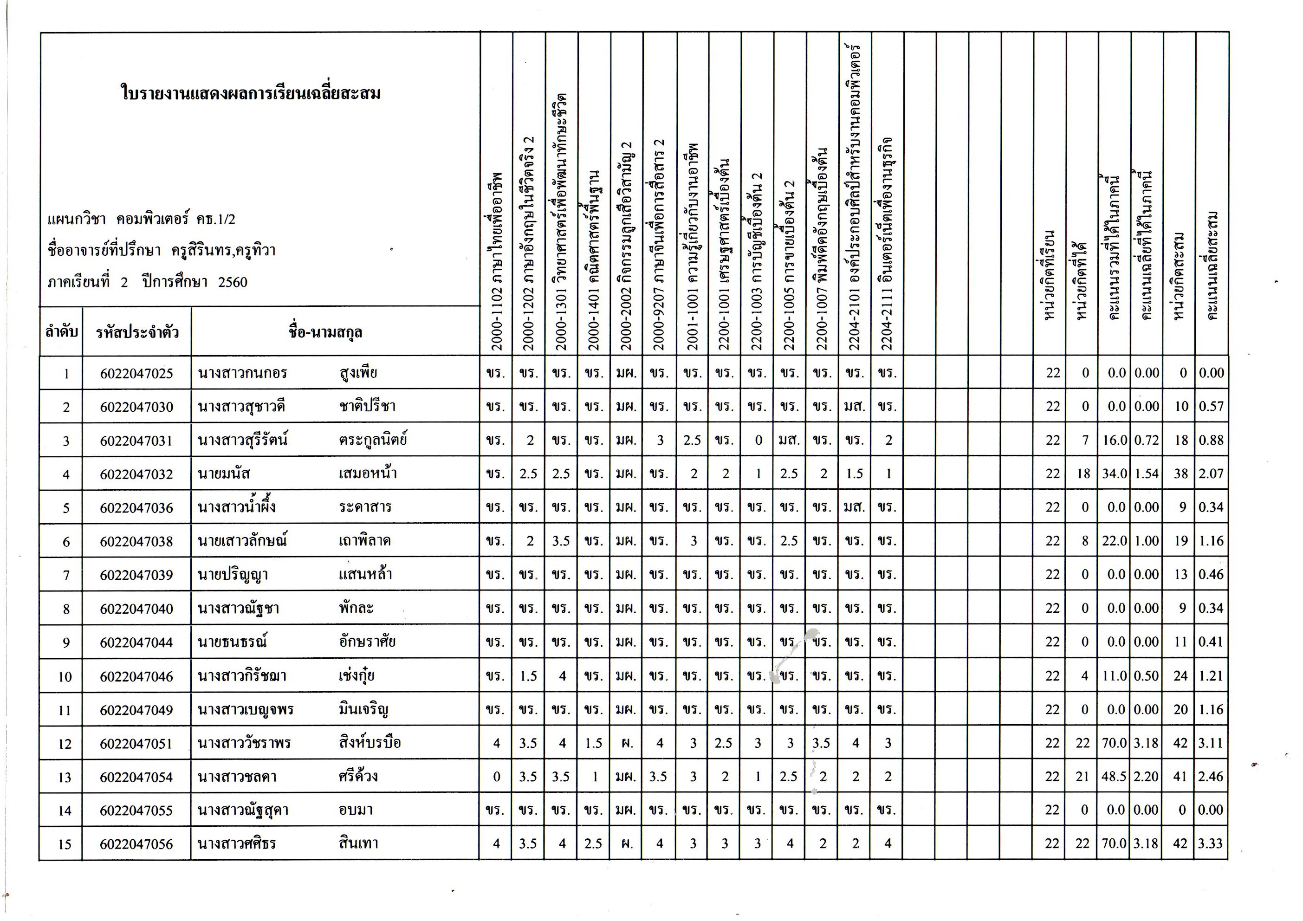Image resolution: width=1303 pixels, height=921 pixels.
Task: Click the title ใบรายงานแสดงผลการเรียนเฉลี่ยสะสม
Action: (x=251, y=93)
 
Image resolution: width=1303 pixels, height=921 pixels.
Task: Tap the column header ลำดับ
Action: (x=61, y=332)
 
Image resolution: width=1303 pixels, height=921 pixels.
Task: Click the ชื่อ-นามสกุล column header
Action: (x=325, y=332)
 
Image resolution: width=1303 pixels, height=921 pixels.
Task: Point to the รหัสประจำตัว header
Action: (x=137, y=332)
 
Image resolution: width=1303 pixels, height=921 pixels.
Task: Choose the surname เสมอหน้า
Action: (x=368, y=474)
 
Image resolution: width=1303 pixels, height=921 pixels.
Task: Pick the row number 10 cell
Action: (x=65, y=676)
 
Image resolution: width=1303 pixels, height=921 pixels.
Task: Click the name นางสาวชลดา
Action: (x=237, y=777)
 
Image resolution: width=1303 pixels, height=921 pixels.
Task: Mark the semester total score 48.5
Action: (x=1114, y=777)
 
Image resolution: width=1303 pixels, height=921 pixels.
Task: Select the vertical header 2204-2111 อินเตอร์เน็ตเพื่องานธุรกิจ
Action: (x=888, y=244)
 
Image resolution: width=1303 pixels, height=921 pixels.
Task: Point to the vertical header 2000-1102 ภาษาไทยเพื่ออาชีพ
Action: (x=497, y=261)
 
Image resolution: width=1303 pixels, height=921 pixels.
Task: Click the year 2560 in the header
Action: (x=233, y=282)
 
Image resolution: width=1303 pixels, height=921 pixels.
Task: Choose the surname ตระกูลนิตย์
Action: (x=373, y=440)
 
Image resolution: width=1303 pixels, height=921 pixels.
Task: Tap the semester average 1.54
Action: (x=1147, y=474)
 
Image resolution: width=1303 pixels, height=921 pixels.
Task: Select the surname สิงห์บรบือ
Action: (x=370, y=743)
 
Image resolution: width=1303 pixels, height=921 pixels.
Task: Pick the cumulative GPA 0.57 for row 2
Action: (x=1211, y=407)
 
